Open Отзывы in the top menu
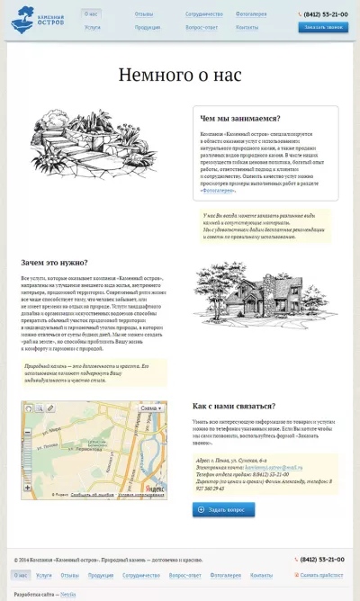pyautogui.click(x=143, y=14)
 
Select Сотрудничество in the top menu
pyautogui.click(x=203, y=14)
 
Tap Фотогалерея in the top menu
pyautogui.click(x=251, y=14)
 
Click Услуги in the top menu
pyautogui.click(x=93, y=28)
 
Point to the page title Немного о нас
pyautogui.click(x=180, y=75)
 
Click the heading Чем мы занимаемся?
pyautogui.click(x=239, y=118)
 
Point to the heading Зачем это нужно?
pyautogui.click(x=53, y=263)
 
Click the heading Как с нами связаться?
pyautogui.click(x=234, y=405)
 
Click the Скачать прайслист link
pyautogui.click(x=321, y=574)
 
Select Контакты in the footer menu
pyautogui.click(x=261, y=574)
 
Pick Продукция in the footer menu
pyautogui.click(x=101, y=574)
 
